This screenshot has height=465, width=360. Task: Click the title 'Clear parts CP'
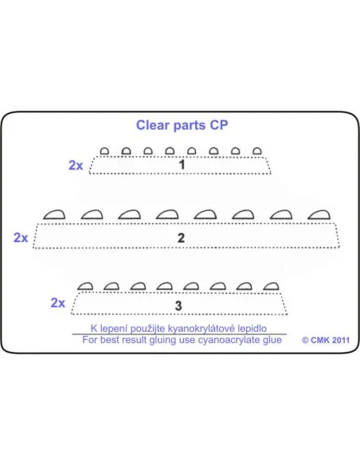tap(182, 126)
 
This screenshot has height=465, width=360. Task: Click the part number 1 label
tap(182, 165)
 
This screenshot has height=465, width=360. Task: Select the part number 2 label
tap(181, 238)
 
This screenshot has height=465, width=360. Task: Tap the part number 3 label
tap(178, 306)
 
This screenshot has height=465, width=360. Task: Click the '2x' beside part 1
tap(76, 165)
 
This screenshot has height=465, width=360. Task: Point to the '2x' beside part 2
tap(21, 237)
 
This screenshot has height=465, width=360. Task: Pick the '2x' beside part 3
tap(58, 303)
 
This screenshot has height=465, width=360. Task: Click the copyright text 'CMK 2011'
tap(330, 340)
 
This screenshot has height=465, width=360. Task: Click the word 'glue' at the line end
tap(272, 340)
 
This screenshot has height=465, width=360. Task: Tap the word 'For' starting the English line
tap(89, 339)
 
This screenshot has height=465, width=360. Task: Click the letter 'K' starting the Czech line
tap(94, 328)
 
